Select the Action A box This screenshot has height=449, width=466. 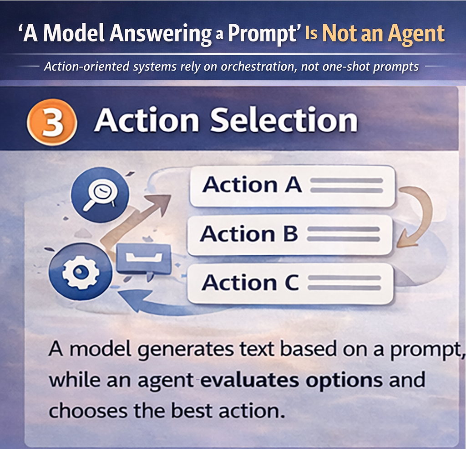tap(292, 186)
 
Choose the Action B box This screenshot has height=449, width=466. tap(289, 234)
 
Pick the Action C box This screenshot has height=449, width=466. tap(290, 283)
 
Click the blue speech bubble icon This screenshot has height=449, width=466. tap(143, 258)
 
